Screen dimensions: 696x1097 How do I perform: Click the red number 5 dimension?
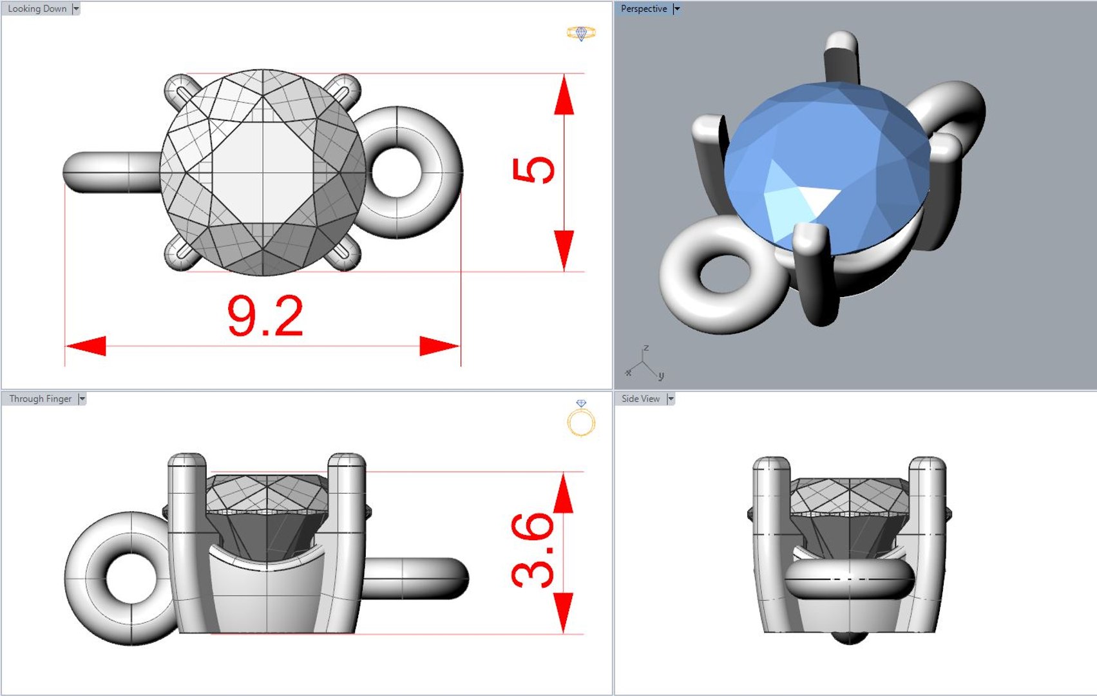click(x=533, y=170)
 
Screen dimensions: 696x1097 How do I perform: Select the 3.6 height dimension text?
click(x=533, y=550)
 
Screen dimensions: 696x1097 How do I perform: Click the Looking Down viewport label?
click(x=37, y=8)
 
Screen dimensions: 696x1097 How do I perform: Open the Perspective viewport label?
click(x=644, y=8)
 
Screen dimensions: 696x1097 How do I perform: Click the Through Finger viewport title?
click(x=40, y=398)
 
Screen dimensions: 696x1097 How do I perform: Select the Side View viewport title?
click(x=640, y=398)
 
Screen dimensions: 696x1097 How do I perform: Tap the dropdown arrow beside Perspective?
click(x=676, y=8)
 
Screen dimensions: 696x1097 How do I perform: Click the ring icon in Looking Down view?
click(x=581, y=33)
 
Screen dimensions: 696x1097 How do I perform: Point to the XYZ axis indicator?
click(x=644, y=364)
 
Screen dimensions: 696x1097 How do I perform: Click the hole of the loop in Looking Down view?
click(x=396, y=172)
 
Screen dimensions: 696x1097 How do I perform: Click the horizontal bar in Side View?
click(x=849, y=578)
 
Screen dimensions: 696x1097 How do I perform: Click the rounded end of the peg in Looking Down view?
click(x=74, y=172)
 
